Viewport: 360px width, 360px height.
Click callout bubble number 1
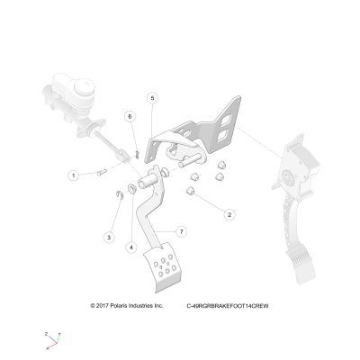click(x=74, y=175)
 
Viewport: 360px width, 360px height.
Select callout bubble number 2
click(x=229, y=215)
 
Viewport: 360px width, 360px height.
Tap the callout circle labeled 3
click(x=109, y=238)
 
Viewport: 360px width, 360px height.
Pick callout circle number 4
click(x=131, y=247)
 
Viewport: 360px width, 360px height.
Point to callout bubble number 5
click(x=152, y=98)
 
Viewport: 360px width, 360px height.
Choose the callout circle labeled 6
click(x=130, y=116)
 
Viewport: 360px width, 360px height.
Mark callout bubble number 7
click(x=181, y=231)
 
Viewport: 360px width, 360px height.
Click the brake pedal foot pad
click(x=162, y=267)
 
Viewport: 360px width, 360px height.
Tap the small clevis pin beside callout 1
click(x=102, y=173)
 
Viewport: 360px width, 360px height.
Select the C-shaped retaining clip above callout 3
click(x=120, y=195)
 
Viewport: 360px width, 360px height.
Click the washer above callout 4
click(x=132, y=189)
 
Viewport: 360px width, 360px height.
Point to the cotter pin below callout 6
click(x=137, y=155)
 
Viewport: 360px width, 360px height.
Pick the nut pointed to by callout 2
click(x=190, y=191)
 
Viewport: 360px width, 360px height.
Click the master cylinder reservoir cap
click(x=85, y=85)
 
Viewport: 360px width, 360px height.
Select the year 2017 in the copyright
click(x=102, y=306)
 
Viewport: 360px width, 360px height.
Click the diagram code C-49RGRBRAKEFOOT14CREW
click(x=228, y=306)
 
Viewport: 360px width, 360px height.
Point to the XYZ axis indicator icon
click(x=53, y=341)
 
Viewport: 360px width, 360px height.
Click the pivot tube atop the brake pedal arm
click(x=148, y=181)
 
